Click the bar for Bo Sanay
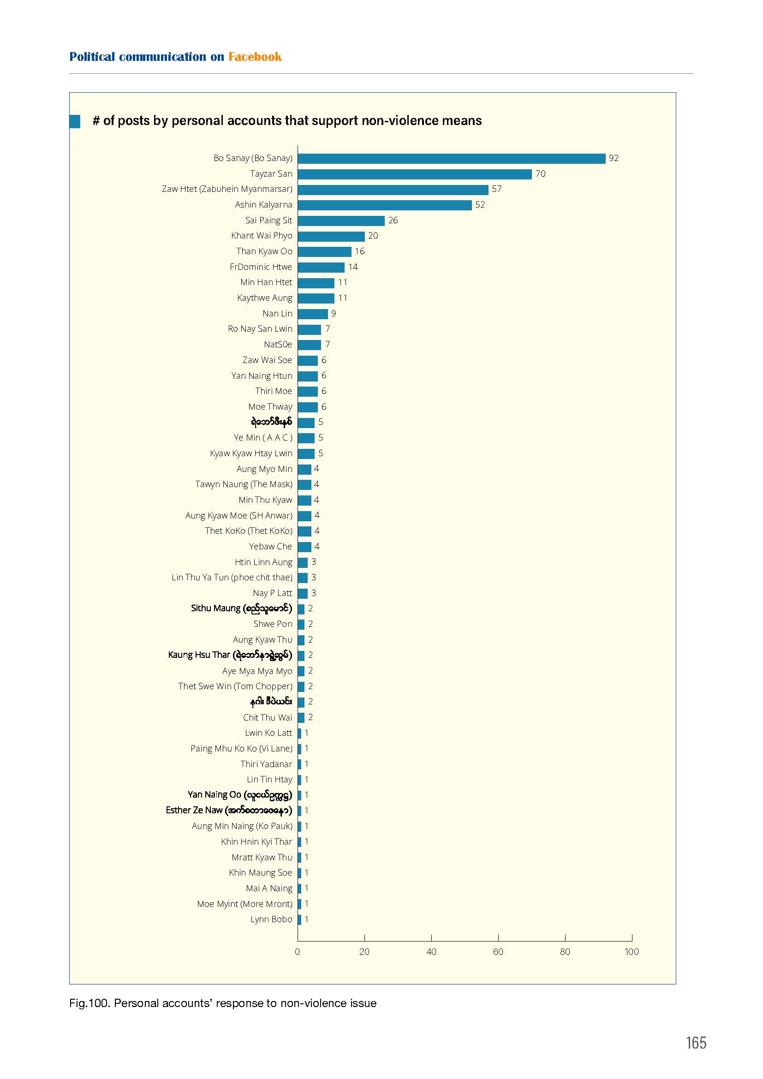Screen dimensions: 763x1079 pyautogui.click(x=452, y=158)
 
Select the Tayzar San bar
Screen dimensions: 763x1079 pyautogui.click(x=415, y=174)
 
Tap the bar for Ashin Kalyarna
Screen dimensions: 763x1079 pyautogui.click(x=385, y=205)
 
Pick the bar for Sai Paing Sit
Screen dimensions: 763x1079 pyautogui.click(x=341, y=221)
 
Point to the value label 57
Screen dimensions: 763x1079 pyautogui.click(x=497, y=189)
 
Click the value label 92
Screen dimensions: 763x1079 pyautogui.click(x=614, y=158)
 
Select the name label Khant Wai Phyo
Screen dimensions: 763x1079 pyautogui.click(x=262, y=235)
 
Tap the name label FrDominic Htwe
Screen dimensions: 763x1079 pyautogui.click(x=261, y=267)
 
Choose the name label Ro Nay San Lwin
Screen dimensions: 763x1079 pyautogui.click(x=260, y=329)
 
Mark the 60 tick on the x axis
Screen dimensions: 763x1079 pyautogui.click(x=499, y=938)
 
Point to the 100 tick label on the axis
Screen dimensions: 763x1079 pyautogui.click(x=632, y=952)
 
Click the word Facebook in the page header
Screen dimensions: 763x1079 pyautogui.click(x=255, y=57)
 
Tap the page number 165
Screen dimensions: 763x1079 pyautogui.click(x=696, y=1043)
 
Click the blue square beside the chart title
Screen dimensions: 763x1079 pyautogui.click(x=75, y=121)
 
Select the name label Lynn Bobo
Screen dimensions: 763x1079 pyautogui.click(x=271, y=919)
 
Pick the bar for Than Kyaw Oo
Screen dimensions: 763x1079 pyautogui.click(x=325, y=251)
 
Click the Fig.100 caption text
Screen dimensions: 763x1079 pyautogui.click(x=223, y=1003)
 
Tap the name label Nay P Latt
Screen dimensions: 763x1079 pyautogui.click(x=273, y=593)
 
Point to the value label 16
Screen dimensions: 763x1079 pyautogui.click(x=359, y=251)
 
